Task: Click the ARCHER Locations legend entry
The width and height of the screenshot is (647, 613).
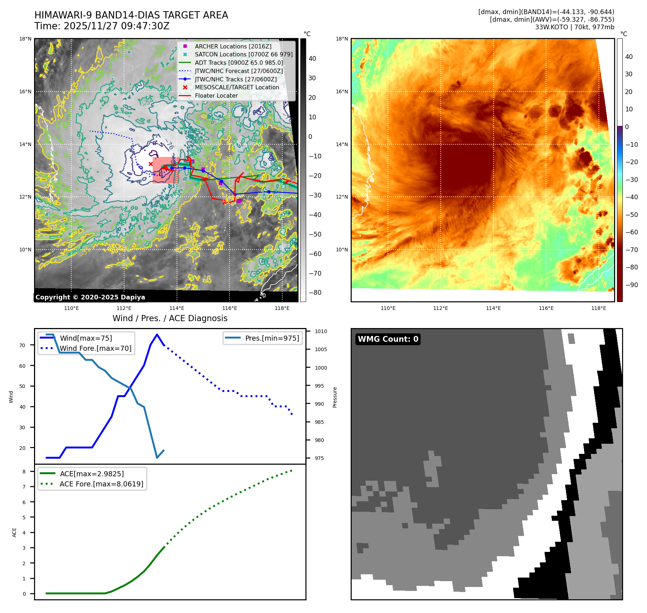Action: tap(233, 46)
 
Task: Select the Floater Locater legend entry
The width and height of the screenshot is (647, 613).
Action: tap(216, 95)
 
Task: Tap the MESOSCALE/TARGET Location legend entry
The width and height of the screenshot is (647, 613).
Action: tap(237, 87)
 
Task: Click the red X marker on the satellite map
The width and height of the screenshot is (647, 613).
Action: tap(151, 164)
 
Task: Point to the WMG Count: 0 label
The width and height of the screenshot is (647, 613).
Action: tap(388, 339)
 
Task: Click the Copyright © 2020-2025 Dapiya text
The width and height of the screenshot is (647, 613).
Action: tap(90, 297)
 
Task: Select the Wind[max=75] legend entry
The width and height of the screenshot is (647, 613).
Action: tap(86, 338)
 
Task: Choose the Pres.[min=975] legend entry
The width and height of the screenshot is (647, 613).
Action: tap(272, 338)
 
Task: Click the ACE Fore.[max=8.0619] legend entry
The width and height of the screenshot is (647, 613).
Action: tap(101, 484)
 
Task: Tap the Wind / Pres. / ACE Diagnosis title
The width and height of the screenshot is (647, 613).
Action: tap(170, 318)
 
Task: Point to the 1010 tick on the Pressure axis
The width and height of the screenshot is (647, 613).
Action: tap(321, 331)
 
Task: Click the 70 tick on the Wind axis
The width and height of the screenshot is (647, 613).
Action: tap(22, 345)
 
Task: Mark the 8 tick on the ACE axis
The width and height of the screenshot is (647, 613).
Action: tap(24, 472)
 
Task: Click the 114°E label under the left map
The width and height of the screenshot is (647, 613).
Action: tap(177, 308)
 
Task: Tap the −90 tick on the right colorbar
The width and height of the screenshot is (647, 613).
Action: tap(631, 285)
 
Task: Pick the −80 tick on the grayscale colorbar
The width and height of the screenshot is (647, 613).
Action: tap(315, 293)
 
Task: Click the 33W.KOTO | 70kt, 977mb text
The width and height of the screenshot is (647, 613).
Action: tap(574, 27)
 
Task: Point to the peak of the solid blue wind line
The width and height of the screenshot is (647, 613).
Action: tap(157, 335)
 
